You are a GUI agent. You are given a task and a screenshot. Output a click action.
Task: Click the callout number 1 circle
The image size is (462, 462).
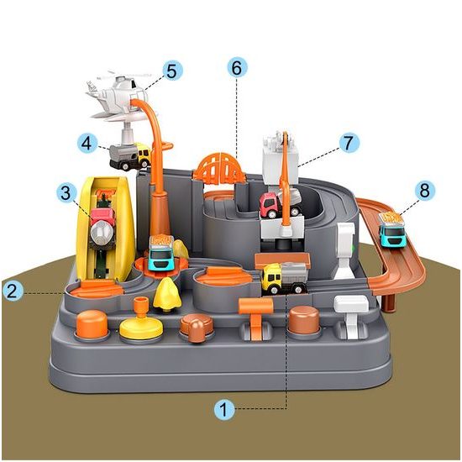pyautogui.click(x=224, y=409)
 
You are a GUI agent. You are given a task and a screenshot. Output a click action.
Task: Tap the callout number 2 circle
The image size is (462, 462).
pyautogui.click(x=13, y=291)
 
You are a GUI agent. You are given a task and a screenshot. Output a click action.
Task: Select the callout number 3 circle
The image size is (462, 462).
pyautogui.click(x=66, y=192)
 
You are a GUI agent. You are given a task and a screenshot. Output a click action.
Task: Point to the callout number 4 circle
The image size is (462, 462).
pyautogui.click(x=87, y=144)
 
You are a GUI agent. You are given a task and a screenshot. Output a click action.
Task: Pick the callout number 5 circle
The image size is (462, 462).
pyautogui.click(x=172, y=71)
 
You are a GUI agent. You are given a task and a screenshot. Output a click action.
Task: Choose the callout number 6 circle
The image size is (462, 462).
pyautogui.click(x=237, y=67)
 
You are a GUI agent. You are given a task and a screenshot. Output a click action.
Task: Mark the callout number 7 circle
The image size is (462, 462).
pyautogui.click(x=349, y=143)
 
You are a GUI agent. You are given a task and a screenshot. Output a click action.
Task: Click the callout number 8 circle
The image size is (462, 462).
pyautogui.click(x=424, y=191)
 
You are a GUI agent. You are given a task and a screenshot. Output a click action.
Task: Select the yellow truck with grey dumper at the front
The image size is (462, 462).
pyautogui.click(x=285, y=278)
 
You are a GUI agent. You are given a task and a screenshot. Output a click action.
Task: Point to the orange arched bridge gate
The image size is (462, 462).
pyautogui.click(x=219, y=167)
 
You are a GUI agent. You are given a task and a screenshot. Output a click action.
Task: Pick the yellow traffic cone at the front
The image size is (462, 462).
pyautogui.click(x=167, y=294)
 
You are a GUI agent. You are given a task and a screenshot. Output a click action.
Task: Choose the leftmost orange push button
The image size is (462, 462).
pyautogui.click(x=92, y=324)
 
